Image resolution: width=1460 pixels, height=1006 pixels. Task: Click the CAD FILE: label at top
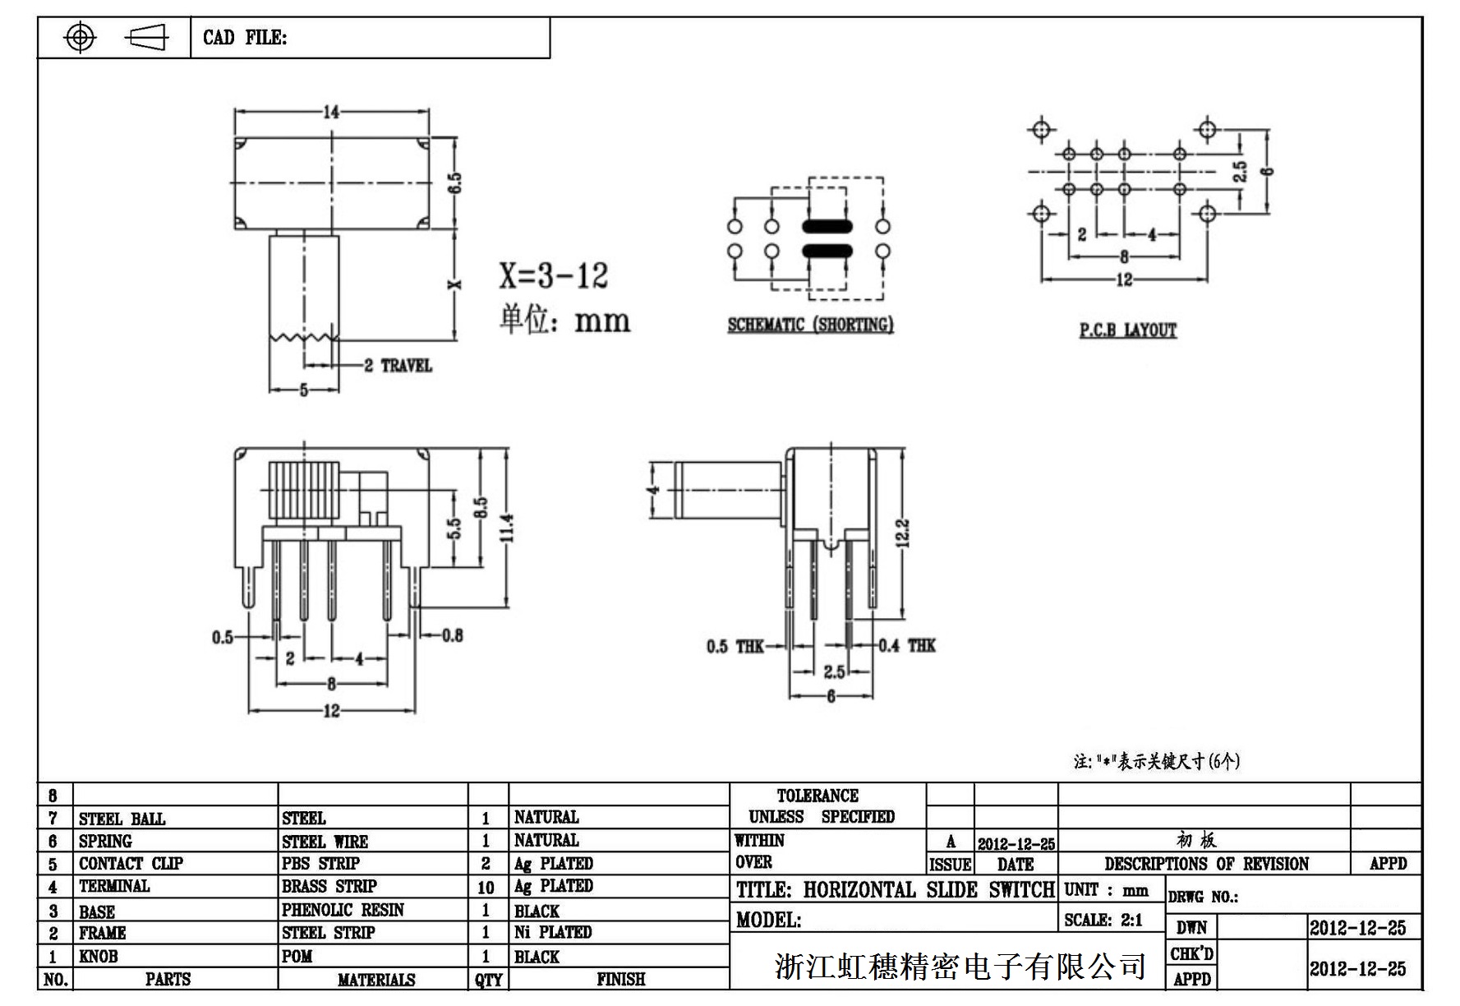click(245, 38)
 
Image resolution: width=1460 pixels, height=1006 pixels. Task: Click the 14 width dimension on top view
click(331, 112)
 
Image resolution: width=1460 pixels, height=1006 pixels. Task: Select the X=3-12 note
click(553, 275)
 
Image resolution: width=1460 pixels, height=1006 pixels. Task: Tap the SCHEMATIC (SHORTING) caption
click(810, 325)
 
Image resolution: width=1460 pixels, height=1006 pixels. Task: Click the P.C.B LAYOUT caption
click(1128, 330)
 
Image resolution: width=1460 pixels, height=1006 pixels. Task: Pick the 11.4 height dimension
click(507, 528)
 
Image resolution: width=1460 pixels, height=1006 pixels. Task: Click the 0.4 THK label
click(907, 645)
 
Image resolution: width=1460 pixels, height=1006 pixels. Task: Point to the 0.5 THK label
click(735, 647)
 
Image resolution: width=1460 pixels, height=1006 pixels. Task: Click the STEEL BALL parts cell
click(122, 819)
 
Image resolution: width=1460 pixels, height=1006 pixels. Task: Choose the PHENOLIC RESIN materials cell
click(343, 910)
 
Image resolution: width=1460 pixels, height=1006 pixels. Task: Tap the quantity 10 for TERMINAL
click(486, 888)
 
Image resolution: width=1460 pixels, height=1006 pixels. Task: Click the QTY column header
click(488, 980)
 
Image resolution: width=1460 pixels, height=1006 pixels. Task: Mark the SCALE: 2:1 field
click(1103, 920)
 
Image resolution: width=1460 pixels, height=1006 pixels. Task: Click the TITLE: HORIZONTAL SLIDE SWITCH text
click(895, 890)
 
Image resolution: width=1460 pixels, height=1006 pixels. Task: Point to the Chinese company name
click(960, 967)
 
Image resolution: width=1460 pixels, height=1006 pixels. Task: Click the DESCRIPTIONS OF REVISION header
click(1206, 864)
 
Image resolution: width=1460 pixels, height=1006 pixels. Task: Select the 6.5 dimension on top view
click(454, 182)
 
